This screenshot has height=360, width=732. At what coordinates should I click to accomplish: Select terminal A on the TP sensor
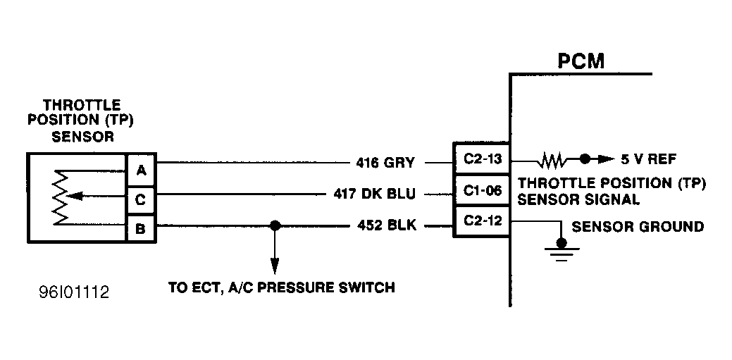141,170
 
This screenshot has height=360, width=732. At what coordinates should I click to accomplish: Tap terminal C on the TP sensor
141,200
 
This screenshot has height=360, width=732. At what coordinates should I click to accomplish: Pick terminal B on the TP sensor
141,229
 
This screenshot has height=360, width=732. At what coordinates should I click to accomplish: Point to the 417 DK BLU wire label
374,194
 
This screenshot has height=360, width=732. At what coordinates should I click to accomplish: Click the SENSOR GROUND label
638,226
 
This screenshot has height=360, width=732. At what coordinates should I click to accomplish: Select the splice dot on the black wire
275,226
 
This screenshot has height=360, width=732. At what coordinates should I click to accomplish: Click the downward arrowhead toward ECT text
275,269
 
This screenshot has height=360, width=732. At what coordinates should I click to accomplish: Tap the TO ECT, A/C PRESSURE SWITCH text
281,287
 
